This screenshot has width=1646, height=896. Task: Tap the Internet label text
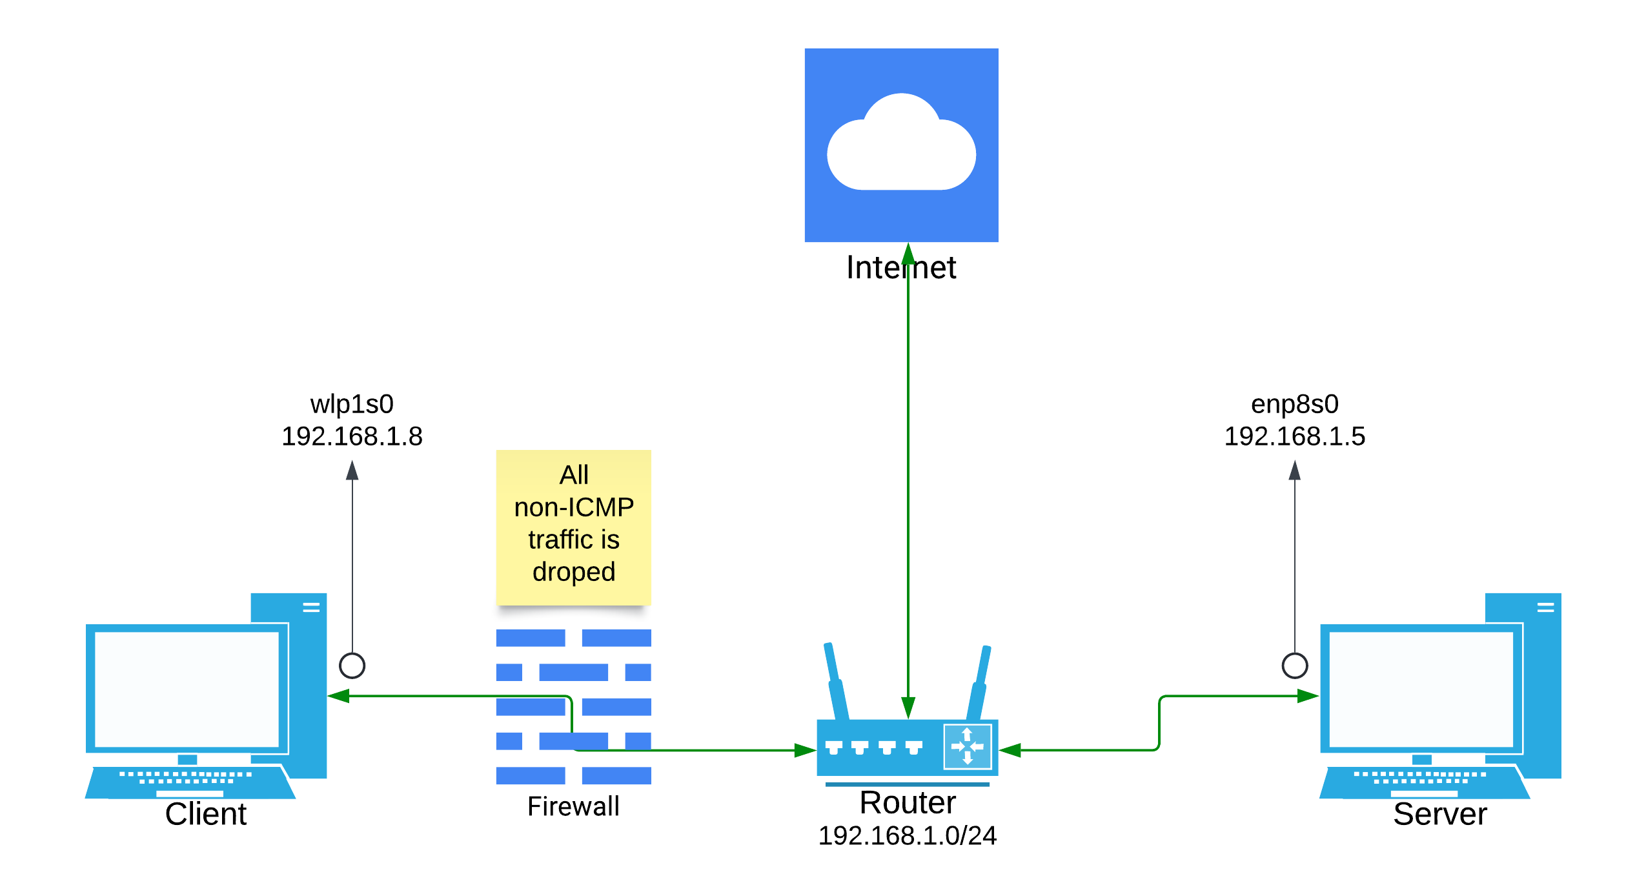901,267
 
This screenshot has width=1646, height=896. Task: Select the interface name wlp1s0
352,404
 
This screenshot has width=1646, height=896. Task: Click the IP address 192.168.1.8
352,436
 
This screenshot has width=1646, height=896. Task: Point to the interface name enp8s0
1294,404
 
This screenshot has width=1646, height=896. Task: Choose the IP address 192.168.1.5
1294,436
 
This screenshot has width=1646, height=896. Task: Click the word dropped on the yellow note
573,572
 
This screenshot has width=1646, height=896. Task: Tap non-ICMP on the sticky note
573,507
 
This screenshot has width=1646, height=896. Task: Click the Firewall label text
573,806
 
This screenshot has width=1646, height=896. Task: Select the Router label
907,802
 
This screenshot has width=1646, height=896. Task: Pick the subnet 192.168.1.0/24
907,836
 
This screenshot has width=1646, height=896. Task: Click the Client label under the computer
205,814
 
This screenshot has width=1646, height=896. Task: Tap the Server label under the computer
1439,814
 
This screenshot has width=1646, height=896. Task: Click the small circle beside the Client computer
352,666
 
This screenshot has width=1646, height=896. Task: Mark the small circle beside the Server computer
1294,666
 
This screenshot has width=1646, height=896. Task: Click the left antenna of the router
836,681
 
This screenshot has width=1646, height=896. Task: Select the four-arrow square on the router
967,747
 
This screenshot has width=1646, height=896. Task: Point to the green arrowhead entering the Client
338,696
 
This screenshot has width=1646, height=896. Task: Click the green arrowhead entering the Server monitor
1308,696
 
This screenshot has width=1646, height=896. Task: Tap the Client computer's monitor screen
187,689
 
